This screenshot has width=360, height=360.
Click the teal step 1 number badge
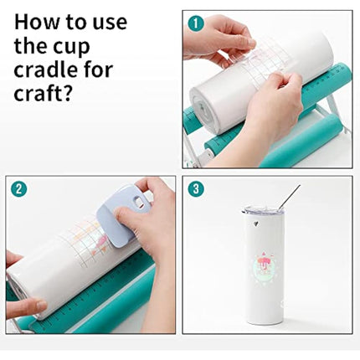195,23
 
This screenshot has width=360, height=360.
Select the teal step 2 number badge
18,188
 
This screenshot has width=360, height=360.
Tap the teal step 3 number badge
195,188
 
